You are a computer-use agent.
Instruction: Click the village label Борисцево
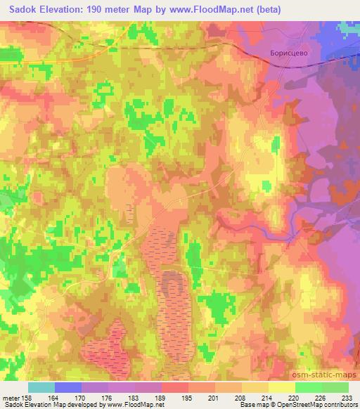(x=290, y=53)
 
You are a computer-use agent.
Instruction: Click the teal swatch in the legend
(x=41, y=387)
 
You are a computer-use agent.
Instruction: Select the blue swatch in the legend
(x=68, y=387)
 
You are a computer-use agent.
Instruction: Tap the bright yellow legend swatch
(x=282, y=387)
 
